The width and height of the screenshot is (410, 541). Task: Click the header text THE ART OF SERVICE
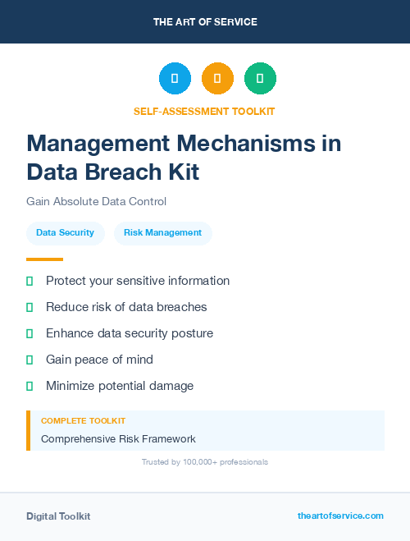[x=205, y=22]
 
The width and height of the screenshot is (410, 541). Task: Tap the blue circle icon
[x=175, y=79]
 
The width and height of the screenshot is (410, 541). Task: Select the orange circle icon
[x=217, y=79]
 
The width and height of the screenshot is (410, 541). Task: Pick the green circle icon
[x=260, y=79]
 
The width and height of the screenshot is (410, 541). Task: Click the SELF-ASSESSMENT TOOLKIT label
[x=204, y=111]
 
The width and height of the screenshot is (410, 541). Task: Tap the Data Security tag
[x=65, y=233]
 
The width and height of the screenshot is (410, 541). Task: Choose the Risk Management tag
[x=162, y=233]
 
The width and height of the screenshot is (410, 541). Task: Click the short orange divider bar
[x=44, y=259]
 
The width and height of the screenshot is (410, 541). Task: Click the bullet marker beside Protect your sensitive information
[x=30, y=281]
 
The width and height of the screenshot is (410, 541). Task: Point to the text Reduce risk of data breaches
[x=126, y=307]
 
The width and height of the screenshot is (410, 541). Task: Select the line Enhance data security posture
[x=130, y=333]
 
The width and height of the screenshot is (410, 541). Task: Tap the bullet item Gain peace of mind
[x=99, y=360]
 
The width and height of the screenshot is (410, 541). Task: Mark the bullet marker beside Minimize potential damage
[x=30, y=386]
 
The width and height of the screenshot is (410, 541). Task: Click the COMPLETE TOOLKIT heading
[x=83, y=420]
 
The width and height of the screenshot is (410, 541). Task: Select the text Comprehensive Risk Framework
[x=118, y=439]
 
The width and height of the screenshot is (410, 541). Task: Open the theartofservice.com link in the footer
[x=340, y=516]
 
